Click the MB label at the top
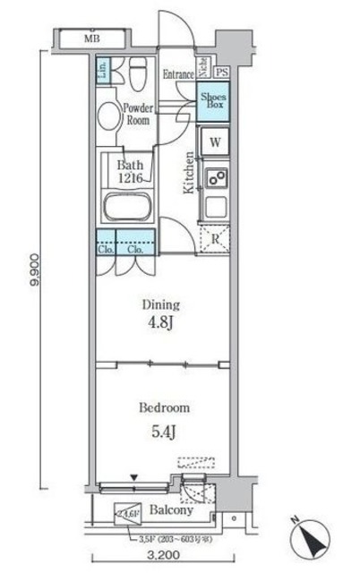[91, 39]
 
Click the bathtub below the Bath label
[128, 208]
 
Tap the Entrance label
[179, 74]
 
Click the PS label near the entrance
[221, 73]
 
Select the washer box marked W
[215, 141]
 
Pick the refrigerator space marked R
[215, 237]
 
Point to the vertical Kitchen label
[189, 174]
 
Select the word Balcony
[170, 511]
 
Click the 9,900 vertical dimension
[33, 269]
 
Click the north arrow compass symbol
[313, 538]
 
